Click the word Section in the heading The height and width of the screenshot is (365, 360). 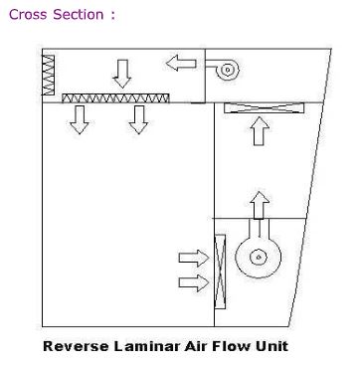79,15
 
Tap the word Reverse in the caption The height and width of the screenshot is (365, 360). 76,346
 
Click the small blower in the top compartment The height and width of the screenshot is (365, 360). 223,70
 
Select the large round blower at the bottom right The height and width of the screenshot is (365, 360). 259,253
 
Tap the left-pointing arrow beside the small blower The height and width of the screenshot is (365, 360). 181,63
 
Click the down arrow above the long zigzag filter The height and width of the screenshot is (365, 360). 122,74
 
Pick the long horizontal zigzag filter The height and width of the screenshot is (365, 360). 115,98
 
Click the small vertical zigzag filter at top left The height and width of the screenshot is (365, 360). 48,75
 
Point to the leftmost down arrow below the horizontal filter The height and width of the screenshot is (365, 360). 80,119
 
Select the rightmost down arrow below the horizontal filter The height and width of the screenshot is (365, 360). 138,119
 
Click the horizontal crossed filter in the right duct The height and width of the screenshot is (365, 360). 265,108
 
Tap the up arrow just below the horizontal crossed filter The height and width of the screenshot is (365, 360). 260,131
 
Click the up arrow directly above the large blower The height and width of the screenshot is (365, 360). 260,205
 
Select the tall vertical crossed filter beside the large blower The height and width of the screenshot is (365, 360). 220,272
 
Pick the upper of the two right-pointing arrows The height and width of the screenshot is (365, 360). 194,259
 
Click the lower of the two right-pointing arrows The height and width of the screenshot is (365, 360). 194,283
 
